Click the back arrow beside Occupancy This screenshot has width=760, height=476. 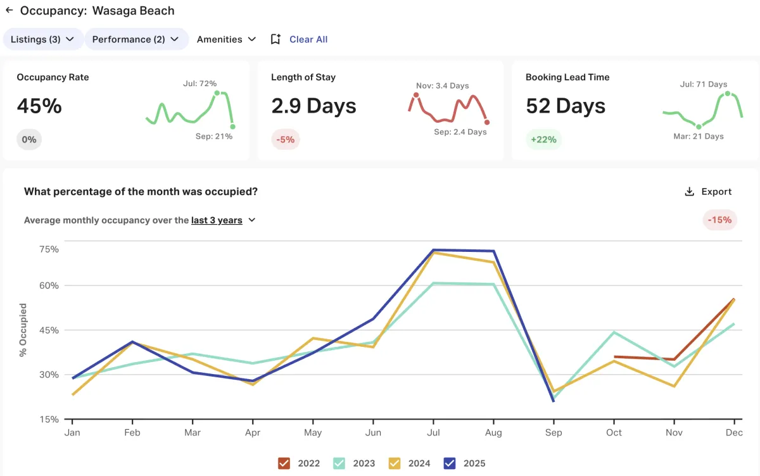click(9, 11)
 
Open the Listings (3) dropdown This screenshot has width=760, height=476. click(43, 39)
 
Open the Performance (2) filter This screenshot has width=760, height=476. click(136, 39)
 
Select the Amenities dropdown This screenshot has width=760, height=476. click(226, 39)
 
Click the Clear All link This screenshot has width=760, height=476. click(308, 39)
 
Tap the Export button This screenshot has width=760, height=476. click(708, 192)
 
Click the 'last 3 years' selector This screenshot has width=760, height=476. click(223, 220)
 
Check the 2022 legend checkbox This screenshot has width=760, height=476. click(284, 463)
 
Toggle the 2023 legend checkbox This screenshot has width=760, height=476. click(339, 463)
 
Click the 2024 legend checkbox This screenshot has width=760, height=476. click(394, 463)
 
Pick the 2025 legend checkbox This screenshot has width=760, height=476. click(449, 463)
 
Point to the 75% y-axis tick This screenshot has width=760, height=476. click(49, 249)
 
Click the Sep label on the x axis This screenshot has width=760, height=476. click(554, 433)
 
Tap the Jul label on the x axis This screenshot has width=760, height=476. click(433, 433)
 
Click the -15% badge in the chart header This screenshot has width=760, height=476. click(719, 220)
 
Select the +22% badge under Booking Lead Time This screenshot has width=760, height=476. click(543, 139)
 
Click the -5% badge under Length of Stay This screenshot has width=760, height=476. click(286, 139)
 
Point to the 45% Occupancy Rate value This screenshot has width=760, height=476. click(39, 106)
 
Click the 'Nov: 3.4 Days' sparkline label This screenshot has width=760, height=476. click(443, 85)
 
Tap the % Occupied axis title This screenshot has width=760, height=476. click(23, 330)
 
